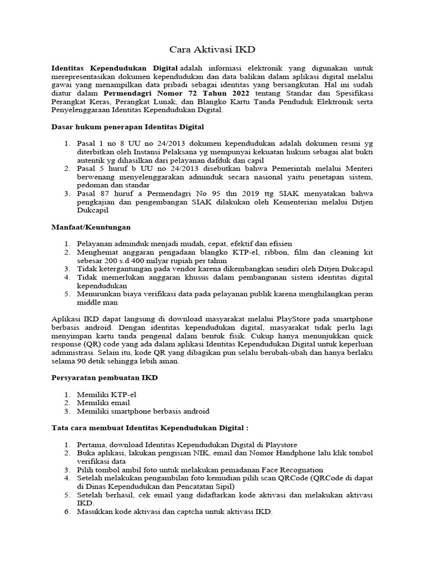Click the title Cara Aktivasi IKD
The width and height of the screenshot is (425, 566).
(x=212, y=50)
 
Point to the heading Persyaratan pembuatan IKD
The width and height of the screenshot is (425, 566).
(x=105, y=378)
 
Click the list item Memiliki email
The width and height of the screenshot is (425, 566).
(x=104, y=403)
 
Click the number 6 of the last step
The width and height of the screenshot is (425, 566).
(x=66, y=512)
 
